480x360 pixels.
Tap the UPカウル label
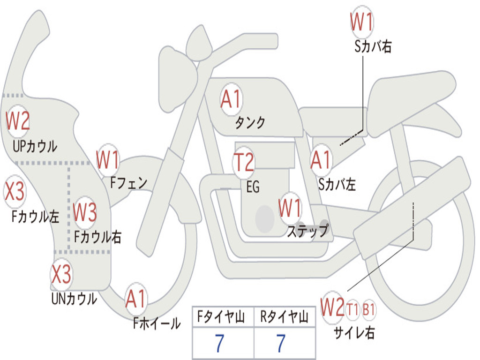coord(35,146)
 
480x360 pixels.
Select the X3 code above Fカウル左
coord(14,191)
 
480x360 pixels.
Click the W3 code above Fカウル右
coord(85,212)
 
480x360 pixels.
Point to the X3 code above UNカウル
coord(61,274)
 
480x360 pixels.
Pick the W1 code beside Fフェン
coord(107,160)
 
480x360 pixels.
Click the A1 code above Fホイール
coord(135,299)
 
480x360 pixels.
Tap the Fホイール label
coord(157,323)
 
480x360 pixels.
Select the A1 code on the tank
coord(231,99)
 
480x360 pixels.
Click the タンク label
coord(250,123)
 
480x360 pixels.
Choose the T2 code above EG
coord(244,162)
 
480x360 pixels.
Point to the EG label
coord(253,187)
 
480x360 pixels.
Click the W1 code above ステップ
coord(290,208)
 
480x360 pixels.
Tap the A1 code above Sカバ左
coord(321,160)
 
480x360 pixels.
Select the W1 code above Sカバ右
coord(362,22)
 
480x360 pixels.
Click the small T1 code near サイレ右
coord(352,310)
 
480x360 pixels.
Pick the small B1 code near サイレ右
coord(368,310)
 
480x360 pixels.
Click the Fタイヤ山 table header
coord(221,317)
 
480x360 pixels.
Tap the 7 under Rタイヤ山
coord(281,343)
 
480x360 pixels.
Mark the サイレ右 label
coord(354,333)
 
